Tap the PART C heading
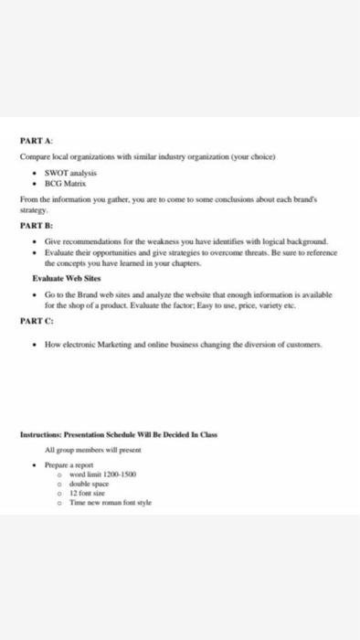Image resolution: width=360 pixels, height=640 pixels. click(x=35, y=321)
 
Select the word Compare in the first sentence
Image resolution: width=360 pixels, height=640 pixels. click(x=37, y=156)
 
